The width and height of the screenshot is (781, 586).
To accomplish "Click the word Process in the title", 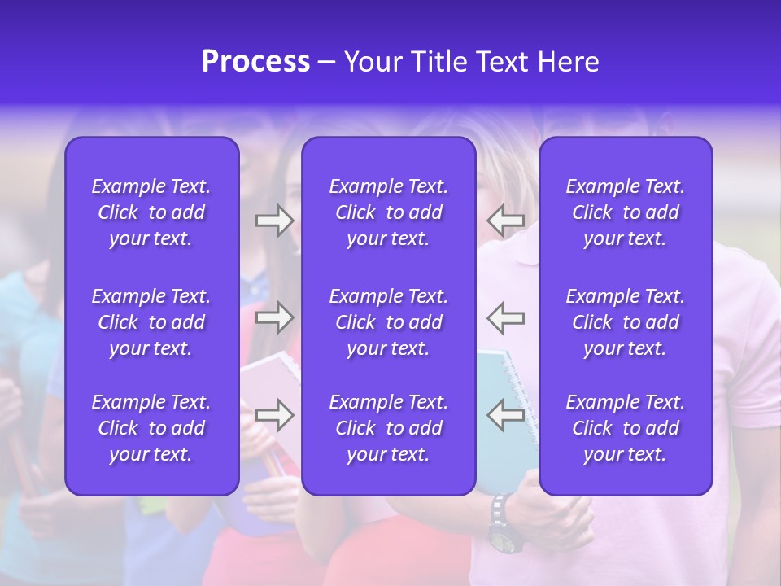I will tap(255, 62).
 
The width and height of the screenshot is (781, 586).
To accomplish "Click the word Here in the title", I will tap(568, 62).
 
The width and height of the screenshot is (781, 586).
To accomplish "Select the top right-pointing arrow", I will tap(275, 221).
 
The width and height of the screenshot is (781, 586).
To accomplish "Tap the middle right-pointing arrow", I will tap(275, 317).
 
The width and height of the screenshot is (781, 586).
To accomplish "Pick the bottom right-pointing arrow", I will tap(275, 415).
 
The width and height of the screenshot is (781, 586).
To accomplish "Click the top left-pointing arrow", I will tap(506, 221).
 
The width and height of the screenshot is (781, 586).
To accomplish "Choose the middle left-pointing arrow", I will tap(506, 317).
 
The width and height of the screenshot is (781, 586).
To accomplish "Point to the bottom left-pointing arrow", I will tap(506, 415).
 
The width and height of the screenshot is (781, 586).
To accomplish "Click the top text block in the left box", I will tap(151, 212).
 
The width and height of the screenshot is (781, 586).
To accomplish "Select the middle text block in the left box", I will tap(151, 322).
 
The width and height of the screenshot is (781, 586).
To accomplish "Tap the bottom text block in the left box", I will tap(151, 428).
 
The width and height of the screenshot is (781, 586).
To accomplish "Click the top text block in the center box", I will tap(389, 212).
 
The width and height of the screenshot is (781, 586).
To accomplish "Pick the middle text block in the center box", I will tap(389, 322).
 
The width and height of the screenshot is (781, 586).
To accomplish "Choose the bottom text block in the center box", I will tap(389, 428).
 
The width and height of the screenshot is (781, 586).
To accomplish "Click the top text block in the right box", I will tap(626, 212).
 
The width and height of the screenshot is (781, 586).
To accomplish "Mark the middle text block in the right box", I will tap(626, 322).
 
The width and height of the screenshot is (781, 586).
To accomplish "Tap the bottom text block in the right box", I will tap(626, 428).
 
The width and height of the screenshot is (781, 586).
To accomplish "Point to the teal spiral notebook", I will tap(508, 383).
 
